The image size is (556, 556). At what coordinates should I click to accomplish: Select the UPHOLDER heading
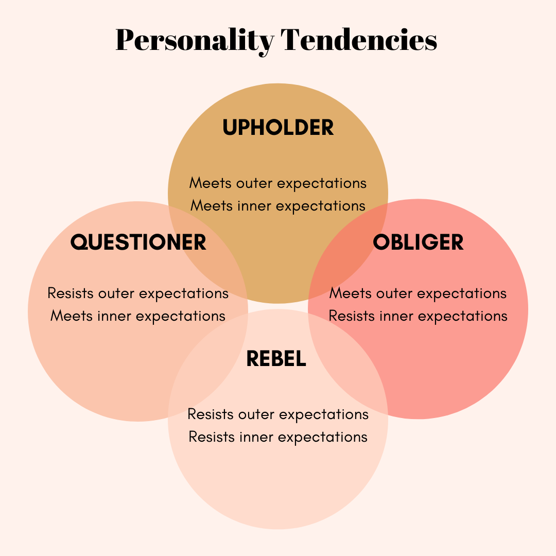pyautogui.click(x=278, y=128)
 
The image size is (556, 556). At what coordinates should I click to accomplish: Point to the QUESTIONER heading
pyautogui.click(x=138, y=242)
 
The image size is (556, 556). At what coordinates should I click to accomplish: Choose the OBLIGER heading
pyautogui.click(x=418, y=242)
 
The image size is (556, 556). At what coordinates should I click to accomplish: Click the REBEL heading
pyautogui.click(x=276, y=359)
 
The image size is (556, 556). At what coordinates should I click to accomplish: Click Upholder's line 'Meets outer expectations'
pyautogui.click(x=278, y=183)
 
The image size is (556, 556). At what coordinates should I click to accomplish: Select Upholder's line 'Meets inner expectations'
pyautogui.click(x=278, y=205)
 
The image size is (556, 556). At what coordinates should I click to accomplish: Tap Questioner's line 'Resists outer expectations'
pyautogui.click(x=138, y=293)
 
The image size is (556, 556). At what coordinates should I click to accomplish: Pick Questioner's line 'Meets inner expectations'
pyautogui.click(x=138, y=316)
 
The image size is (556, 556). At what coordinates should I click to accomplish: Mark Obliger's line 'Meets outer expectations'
pyautogui.click(x=418, y=293)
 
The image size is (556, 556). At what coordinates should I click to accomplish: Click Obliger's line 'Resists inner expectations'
pyautogui.click(x=418, y=316)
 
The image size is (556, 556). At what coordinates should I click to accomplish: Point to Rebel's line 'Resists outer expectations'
pyautogui.click(x=278, y=414)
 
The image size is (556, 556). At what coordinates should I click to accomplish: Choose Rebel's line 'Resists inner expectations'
pyautogui.click(x=278, y=437)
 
